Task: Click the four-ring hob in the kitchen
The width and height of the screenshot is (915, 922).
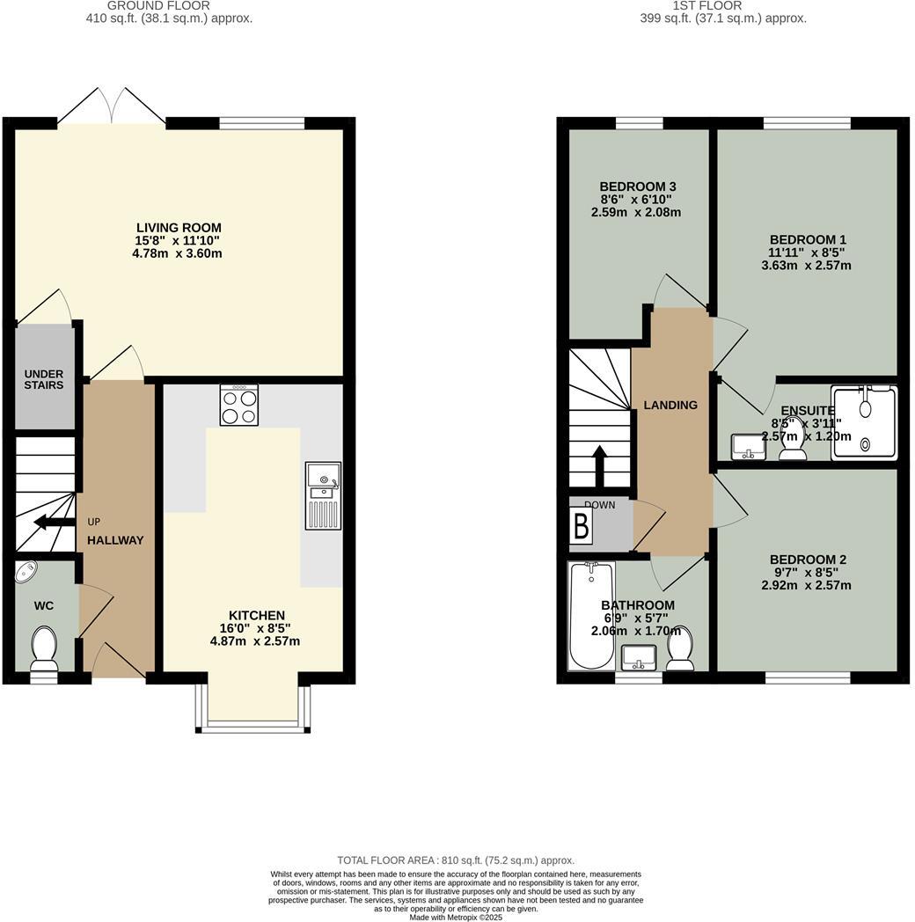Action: pos(239,406)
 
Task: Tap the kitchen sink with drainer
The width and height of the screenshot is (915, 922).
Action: pos(323,496)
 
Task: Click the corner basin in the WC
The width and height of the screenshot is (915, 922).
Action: pos(26,572)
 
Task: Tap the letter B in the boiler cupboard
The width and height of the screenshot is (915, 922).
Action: pos(581,526)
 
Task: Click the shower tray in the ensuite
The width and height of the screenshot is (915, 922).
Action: pos(865,422)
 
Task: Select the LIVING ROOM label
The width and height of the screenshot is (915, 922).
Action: pos(179,228)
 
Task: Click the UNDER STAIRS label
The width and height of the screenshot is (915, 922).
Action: pos(44,379)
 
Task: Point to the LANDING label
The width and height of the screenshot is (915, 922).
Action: pos(670,406)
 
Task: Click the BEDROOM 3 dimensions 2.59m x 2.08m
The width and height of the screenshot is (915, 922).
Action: pos(636,213)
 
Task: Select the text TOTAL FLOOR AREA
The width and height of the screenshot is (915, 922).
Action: pos(391,860)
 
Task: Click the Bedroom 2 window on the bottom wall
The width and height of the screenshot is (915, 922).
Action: pos(808,677)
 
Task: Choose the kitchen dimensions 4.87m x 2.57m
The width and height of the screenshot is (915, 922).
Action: pos(255,641)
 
